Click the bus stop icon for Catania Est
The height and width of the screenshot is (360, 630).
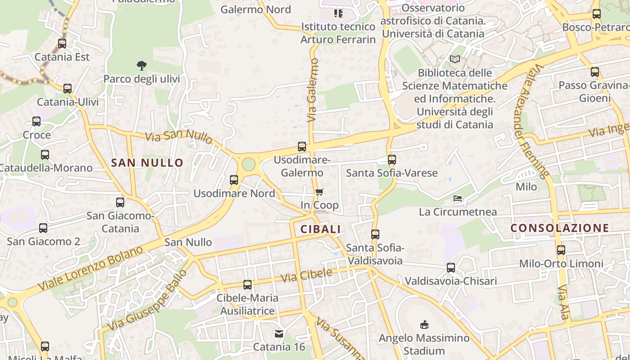click(62, 44)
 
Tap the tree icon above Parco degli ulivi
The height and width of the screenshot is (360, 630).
click(142, 66)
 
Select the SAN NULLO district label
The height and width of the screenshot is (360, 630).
click(147, 163)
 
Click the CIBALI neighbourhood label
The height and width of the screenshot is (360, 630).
click(320, 229)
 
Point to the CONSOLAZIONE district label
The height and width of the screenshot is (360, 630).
click(560, 228)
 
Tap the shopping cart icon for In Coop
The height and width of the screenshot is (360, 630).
click(319, 192)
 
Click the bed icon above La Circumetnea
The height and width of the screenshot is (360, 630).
click(458, 198)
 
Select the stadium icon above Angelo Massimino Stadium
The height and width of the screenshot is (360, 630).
click(424, 324)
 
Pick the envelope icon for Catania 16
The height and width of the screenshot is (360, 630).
click(279, 334)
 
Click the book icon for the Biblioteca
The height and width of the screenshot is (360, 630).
click(455, 59)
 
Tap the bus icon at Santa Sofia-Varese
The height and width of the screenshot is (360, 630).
click(392, 159)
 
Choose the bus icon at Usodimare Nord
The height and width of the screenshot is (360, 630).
click(234, 180)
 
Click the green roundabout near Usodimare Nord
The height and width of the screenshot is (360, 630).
click(248, 164)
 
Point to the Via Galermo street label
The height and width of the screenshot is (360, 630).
click(313, 90)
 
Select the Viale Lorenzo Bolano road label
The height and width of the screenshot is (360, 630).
click(90, 268)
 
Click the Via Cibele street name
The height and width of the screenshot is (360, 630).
click(306, 275)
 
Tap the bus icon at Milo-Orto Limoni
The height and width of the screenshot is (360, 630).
click(561, 250)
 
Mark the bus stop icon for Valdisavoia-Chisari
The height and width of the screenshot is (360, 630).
click(451, 268)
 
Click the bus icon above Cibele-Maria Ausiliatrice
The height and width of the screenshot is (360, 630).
click(247, 284)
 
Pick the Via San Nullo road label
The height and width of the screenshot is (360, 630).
click(179, 136)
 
